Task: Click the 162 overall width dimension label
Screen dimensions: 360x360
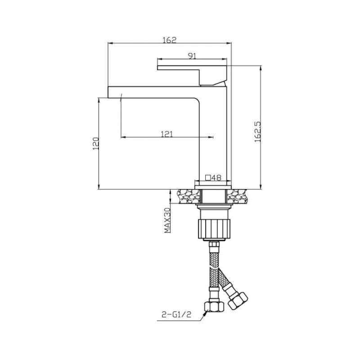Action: coord(170,40)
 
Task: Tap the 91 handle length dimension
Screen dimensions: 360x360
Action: coord(192,56)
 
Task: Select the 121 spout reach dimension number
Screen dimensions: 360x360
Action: coord(166,134)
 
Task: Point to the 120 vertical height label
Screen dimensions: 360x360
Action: coord(96,144)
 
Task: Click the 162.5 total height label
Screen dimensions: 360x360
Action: coord(258,132)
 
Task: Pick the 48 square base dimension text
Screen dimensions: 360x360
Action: coord(216,177)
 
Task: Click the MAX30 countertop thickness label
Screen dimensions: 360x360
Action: coord(167,220)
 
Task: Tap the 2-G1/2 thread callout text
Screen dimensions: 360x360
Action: coord(176,314)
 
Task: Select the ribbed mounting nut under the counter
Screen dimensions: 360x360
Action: coord(214,229)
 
